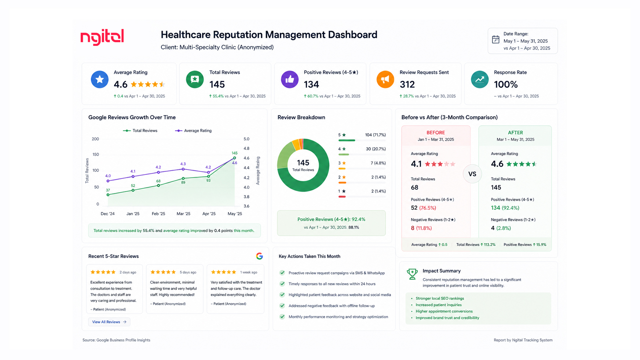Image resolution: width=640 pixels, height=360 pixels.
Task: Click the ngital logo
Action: [102, 37]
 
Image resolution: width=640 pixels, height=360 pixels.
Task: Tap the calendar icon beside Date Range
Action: [495, 39]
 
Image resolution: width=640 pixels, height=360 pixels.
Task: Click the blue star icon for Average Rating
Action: [99, 80]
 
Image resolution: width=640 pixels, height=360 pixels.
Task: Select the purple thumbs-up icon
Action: [290, 80]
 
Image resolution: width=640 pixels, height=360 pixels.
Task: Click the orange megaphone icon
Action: [385, 80]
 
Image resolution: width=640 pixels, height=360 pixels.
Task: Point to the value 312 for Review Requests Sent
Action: [407, 85]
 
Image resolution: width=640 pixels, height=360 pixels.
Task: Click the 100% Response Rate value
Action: [506, 85]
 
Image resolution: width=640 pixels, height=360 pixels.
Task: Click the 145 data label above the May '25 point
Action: [234, 153]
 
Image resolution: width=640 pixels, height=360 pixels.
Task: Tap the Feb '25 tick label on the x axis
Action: [158, 214]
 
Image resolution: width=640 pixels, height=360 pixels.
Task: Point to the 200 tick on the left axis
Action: [95, 139]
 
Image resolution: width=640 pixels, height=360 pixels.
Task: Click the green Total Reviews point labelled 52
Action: [133, 190]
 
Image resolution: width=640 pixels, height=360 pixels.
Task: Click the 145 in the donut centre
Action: [303, 163]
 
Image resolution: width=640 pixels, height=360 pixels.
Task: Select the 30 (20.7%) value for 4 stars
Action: [376, 149]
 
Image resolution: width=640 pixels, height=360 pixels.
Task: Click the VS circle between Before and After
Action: [472, 174]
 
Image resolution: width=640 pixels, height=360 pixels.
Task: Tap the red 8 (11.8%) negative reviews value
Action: [421, 228]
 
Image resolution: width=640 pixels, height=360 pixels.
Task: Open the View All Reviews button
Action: [109, 322]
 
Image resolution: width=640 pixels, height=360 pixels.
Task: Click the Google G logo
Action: [259, 256]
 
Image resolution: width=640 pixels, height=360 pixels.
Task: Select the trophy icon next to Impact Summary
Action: [412, 274]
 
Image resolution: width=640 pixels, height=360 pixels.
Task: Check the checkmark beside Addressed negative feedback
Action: [282, 306]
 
